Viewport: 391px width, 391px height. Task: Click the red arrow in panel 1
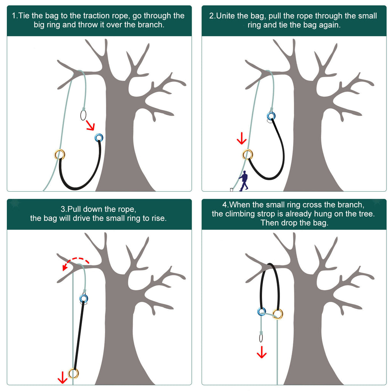[x=90, y=125]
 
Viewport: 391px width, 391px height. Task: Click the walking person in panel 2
[x=244, y=181]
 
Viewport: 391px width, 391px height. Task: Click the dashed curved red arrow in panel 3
[x=75, y=260]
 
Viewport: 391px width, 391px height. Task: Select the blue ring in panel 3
[x=81, y=298]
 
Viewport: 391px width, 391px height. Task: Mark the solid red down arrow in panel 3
[x=62, y=377]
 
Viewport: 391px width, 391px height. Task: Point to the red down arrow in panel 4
[x=262, y=352]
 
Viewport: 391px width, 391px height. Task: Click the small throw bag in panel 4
[x=261, y=338]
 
